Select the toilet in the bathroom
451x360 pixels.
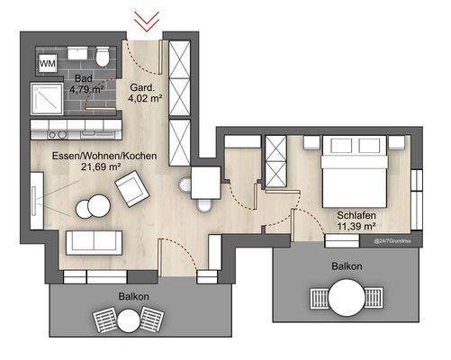coord(105,58)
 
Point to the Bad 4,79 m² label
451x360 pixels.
coord(87,85)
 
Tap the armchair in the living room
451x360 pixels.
coord(131,188)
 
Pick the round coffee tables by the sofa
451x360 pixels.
coord(90,207)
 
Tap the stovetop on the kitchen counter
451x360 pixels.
coord(54,133)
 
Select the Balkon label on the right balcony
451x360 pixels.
coord(347,266)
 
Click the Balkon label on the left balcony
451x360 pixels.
coord(133,295)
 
